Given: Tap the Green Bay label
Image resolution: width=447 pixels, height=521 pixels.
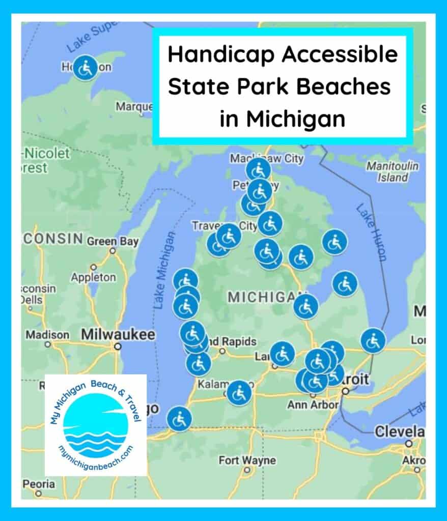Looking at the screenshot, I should point(113,241).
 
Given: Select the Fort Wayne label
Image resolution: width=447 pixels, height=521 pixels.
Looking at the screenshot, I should point(247,460).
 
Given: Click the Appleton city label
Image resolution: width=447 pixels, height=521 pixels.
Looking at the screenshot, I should point(93,278).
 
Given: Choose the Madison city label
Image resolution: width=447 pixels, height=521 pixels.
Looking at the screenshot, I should point(47,335).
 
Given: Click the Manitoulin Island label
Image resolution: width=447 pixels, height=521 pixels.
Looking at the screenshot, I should point(393,172).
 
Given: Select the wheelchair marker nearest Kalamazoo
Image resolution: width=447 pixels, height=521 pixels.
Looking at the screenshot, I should point(238,393).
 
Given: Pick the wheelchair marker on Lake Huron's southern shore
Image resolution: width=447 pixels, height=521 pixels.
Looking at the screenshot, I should point(373,340).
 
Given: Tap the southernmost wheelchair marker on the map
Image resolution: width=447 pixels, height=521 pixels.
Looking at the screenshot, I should point(179,419).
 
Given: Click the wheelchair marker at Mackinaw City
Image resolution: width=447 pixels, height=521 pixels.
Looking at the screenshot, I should point(258,170).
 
